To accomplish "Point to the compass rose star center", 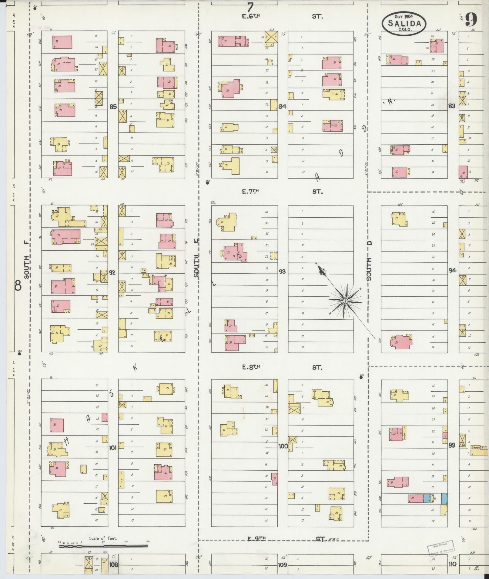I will click(x=345, y=301).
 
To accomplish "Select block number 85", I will click(x=113, y=107).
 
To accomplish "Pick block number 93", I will click(x=282, y=271).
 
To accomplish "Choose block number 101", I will click(x=113, y=447).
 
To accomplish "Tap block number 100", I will click(x=283, y=446).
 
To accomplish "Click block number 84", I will click(x=283, y=107).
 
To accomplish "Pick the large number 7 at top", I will click(x=250, y=6).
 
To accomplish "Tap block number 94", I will click(x=452, y=271).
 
